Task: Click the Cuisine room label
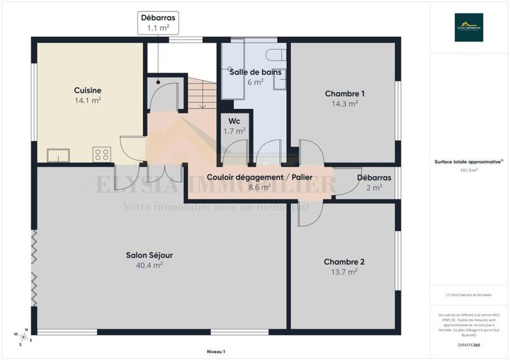87,90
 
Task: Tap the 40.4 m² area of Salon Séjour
149,266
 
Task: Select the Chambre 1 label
344,94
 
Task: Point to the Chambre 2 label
344,262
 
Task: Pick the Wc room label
234,121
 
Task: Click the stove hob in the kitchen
102,154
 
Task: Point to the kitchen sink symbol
58,155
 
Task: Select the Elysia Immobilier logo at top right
469,27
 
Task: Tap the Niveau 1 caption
216,351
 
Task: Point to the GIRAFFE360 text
469,344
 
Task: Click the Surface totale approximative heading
469,162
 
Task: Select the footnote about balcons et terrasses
469,295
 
